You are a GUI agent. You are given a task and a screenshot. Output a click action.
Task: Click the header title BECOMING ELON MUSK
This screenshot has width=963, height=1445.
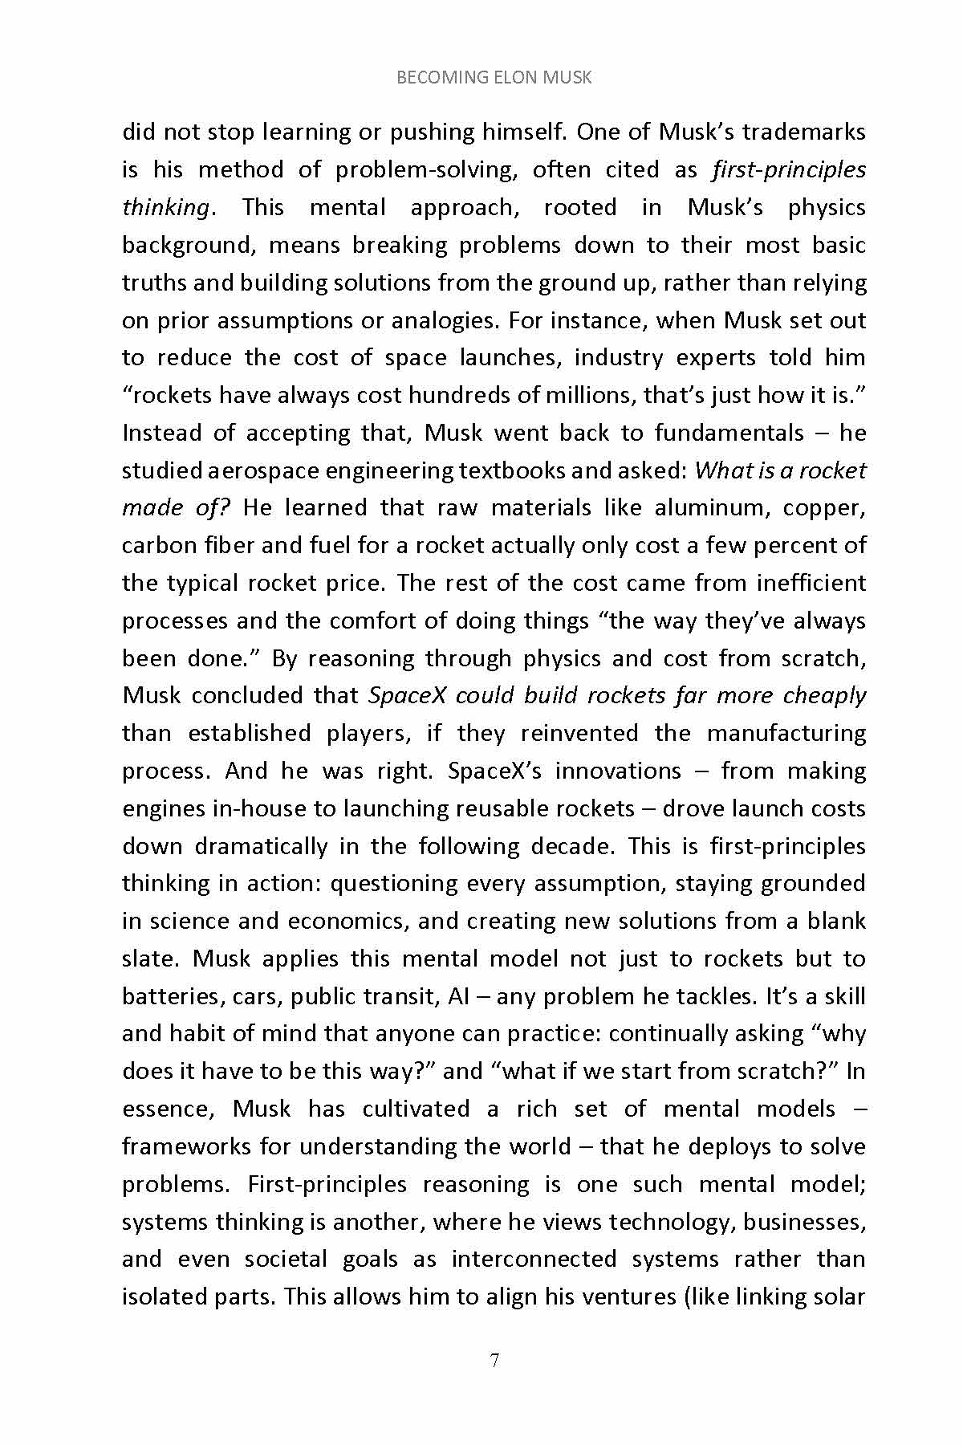pyautogui.click(x=494, y=78)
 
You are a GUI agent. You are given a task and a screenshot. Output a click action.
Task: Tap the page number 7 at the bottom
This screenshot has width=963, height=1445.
pyautogui.click(x=494, y=1360)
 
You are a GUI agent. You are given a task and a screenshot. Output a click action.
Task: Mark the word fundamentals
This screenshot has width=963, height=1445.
pyautogui.click(x=729, y=433)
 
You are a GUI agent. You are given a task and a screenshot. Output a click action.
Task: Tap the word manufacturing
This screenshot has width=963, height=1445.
pyautogui.click(x=786, y=733)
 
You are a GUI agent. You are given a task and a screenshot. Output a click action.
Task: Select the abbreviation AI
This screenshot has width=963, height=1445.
pyautogui.click(x=458, y=996)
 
